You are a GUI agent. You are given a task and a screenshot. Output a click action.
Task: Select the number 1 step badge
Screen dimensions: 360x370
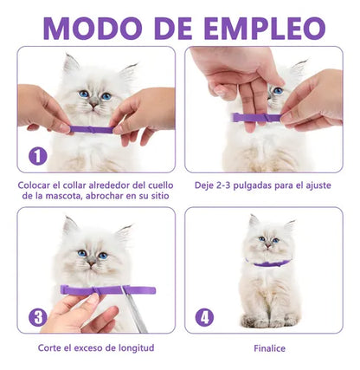pyautogui.click(x=38, y=156)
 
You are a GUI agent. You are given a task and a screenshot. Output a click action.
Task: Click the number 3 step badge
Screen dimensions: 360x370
pyautogui.click(x=38, y=318)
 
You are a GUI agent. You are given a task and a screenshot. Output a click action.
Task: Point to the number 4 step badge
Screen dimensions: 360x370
pyautogui.click(x=204, y=318)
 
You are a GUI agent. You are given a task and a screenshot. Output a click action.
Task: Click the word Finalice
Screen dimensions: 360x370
pyautogui.click(x=269, y=348)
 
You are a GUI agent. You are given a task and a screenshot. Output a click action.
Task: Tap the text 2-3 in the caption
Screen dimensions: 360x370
pyautogui.click(x=223, y=185)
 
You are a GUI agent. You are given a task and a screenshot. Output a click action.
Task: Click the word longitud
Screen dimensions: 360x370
pyautogui.click(x=137, y=348)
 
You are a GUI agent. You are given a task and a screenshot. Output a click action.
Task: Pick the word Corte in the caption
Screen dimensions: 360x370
pyautogui.click(x=48, y=347)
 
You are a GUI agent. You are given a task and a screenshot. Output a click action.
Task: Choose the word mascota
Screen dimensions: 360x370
pyautogui.click(x=64, y=196)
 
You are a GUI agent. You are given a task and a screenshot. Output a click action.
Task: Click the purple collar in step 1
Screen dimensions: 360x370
pyautogui.click(x=93, y=130)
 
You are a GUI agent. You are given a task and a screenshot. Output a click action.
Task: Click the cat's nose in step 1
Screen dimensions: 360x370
pyautogui.click(x=93, y=103)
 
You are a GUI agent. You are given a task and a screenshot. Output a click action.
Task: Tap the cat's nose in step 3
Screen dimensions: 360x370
pyautogui.click(x=92, y=263)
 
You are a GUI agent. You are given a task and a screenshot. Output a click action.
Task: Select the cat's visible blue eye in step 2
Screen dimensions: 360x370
pyautogui.click(x=278, y=91)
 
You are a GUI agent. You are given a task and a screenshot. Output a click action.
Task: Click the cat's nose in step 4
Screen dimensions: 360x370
pyautogui.click(x=268, y=245)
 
